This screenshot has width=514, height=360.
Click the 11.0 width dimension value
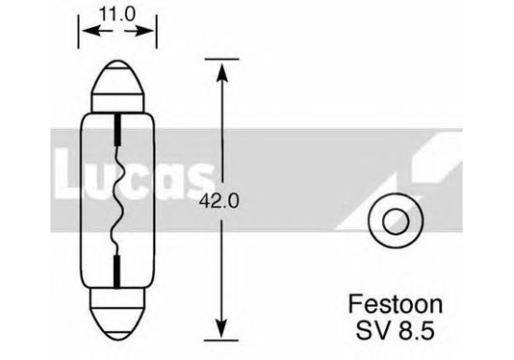pyautogui.click(x=117, y=14)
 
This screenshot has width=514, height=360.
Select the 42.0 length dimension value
pyautogui.click(x=220, y=201)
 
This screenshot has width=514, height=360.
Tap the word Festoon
pyautogui.click(x=395, y=305)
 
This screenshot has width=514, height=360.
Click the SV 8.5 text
pyautogui.click(x=395, y=330)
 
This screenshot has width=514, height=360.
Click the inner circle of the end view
pyautogui.click(x=396, y=221)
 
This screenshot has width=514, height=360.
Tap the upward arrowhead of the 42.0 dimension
pyautogui.click(x=221, y=73)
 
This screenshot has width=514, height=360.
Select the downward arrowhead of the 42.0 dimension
pyautogui.click(x=221, y=328)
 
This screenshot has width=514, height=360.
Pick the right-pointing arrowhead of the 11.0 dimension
pyautogui.click(x=145, y=31)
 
